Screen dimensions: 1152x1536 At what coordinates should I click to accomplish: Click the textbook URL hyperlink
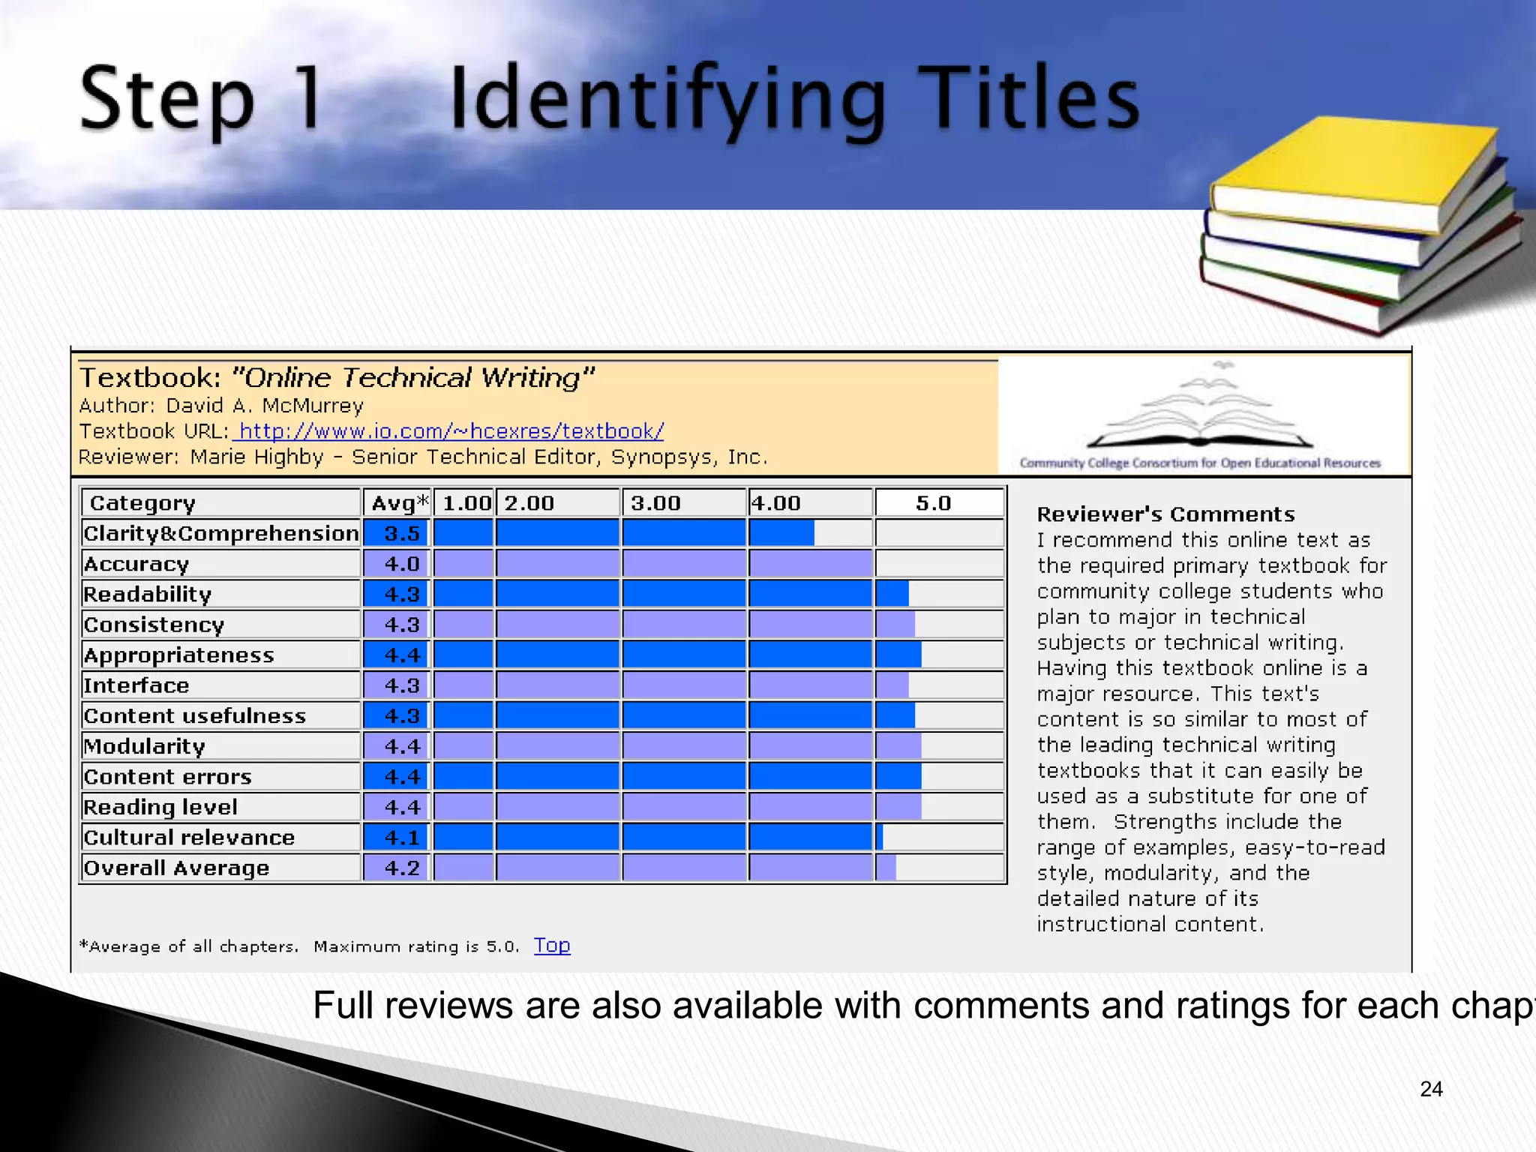(x=448, y=431)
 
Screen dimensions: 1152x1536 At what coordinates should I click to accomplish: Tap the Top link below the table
(x=552, y=945)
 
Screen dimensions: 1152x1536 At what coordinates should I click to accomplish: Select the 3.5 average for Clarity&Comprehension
(x=401, y=533)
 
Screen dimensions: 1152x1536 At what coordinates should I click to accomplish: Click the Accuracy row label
(x=136, y=564)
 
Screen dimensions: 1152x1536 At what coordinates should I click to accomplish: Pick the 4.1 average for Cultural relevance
(x=401, y=837)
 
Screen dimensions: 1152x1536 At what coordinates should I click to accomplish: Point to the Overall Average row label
(x=176, y=868)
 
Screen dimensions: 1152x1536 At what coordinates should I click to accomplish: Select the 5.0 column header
(x=933, y=502)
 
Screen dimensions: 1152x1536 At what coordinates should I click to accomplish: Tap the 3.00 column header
(x=655, y=502)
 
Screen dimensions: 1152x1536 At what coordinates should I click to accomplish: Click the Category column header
(x=142, y=502)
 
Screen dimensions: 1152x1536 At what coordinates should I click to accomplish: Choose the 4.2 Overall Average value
(x=401, y=868)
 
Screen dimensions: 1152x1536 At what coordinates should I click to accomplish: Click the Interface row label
(x=136, y=685)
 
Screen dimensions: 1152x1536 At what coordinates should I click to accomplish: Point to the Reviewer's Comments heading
(x=1165, y=514)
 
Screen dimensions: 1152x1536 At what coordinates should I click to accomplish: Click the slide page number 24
(x=1431, y=1089)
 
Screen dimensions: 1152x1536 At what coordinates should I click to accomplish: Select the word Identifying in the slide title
(x=667, y=101)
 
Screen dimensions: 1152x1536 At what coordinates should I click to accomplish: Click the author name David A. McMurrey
(x=265, y=406)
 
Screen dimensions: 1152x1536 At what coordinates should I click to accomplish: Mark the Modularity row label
(x=144, y=746)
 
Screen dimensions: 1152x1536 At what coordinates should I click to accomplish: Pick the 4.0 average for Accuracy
(x=401, y=564)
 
